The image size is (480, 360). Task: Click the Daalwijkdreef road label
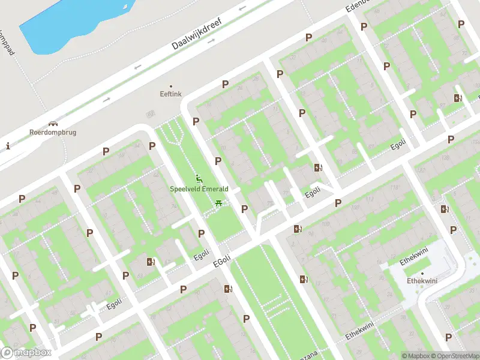[x=196, y=34]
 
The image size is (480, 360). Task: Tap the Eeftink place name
[x=170, y=94]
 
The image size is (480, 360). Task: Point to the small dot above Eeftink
[x=170, y=86]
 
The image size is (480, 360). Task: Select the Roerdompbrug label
[x=53, y=132]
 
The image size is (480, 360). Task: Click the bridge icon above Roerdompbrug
[x=53, y=123]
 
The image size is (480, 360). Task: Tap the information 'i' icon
[x=8, y=146]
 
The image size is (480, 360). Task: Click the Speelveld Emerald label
[x=199, y=188]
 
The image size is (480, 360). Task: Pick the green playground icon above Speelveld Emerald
[x=199, y=178]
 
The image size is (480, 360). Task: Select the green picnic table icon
[x=218, y=203]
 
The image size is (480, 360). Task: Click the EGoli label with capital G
[x=222, y=262]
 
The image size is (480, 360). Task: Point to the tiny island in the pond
[x=125, y=8]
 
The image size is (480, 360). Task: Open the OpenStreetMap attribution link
[x=455, y=356]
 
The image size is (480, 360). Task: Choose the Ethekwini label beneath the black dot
[x=422, y=281]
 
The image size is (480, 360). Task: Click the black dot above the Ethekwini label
[x=422, y=273]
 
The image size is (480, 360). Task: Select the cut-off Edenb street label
[x=356, y=7]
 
